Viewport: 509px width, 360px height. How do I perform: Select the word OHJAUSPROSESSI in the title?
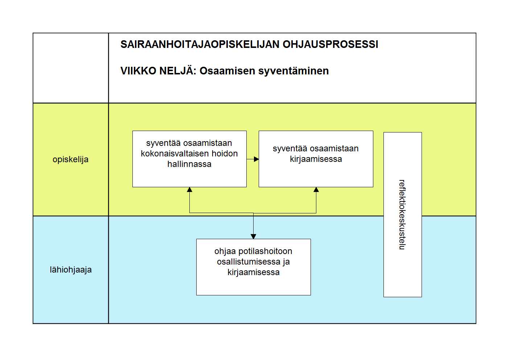pos(331,44)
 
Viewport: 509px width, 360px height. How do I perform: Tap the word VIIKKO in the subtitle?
pos(138,71)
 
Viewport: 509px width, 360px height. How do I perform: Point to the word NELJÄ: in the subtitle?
pos(178,70)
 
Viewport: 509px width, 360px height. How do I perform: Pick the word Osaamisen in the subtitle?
pos(227,71)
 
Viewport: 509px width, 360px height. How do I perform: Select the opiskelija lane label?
pos(70,160)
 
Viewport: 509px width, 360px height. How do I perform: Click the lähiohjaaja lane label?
pos(71,270)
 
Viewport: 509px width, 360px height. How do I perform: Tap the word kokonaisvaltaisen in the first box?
pos(175,154)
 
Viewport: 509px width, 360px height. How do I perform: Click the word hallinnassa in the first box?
pos(189,164)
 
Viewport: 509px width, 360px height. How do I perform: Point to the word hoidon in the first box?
pos(225,154)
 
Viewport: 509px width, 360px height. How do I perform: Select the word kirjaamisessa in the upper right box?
pos(316,159)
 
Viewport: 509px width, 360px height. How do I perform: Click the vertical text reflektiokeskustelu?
pos(402,215)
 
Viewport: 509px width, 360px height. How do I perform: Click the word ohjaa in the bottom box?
pos(225,251)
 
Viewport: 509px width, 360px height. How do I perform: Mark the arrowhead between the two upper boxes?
pos(256,159)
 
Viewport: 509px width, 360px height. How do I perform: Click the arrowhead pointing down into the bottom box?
pos(253,237)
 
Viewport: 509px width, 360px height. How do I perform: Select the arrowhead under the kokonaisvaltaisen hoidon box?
pos(189,189)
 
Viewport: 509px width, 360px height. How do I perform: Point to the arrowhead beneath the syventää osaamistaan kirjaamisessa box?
pos(316,189)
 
